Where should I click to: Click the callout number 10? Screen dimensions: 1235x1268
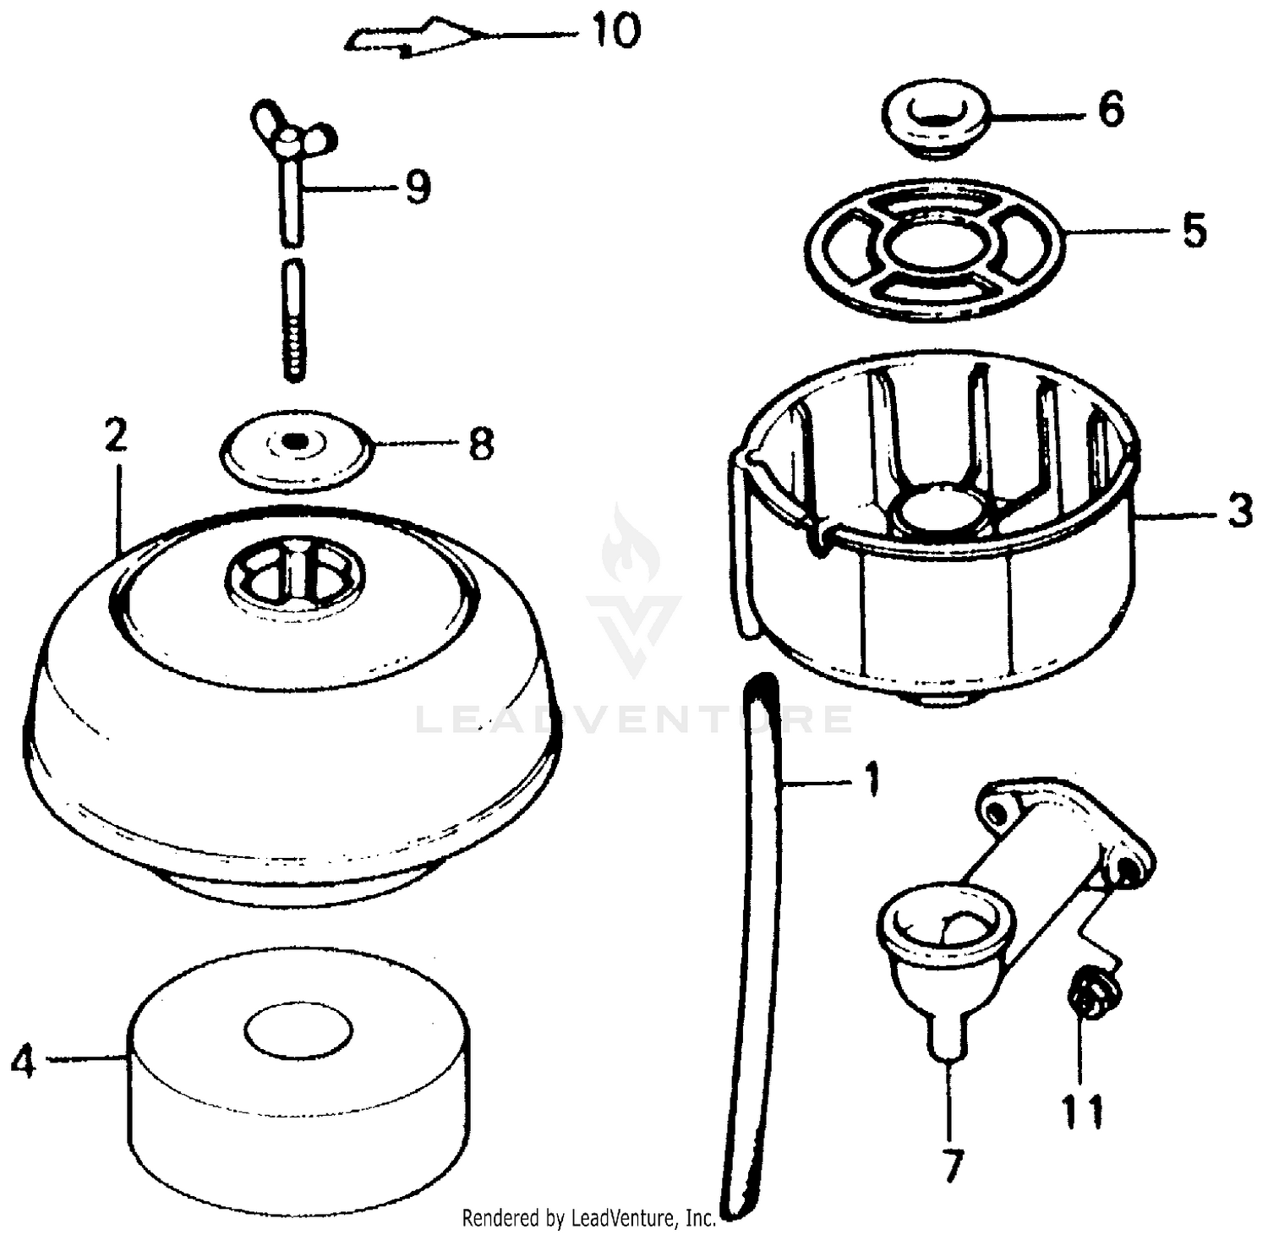(x=615, y=32)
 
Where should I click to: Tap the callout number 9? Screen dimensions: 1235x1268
(x=418, y=187)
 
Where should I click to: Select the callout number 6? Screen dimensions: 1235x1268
(x=1111, y=110)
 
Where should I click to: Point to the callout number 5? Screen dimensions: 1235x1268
(x=1194, y=230)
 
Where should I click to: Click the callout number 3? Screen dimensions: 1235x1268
(x=1239, y=511)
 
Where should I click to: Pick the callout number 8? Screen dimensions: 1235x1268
(x=480, y=444)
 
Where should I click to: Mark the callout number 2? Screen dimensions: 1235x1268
(x=116, y=435)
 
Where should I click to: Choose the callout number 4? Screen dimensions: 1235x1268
(x=24, y=1061)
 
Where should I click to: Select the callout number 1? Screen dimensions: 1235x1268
(x=872, y=780)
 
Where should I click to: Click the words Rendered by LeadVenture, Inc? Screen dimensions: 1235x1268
(x=588, y=1218)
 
